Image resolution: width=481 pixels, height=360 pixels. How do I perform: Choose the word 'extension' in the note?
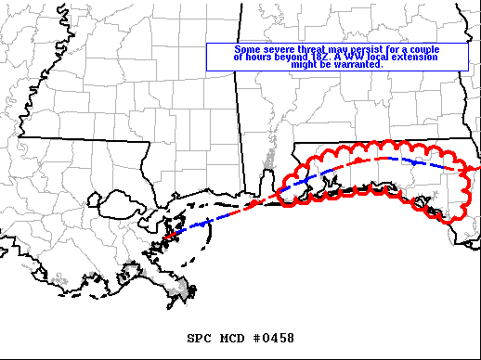click(x=423, y=58)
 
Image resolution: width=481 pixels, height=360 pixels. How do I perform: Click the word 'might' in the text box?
click(x=305, y=66)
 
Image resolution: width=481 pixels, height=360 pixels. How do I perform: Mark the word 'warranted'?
click(x=357, y=66)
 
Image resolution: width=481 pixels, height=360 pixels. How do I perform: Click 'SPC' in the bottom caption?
click(x=201, y=339)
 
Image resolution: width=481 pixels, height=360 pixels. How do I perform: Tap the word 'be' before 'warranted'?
click(x=326, y=66)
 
